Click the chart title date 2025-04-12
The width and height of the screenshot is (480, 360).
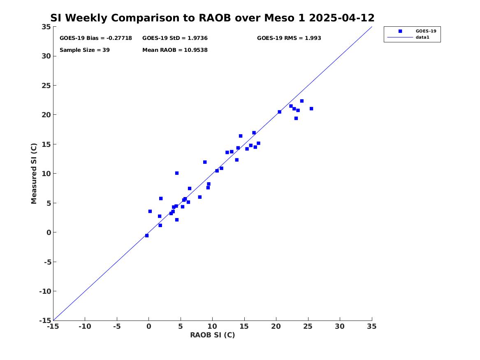coord(342,18)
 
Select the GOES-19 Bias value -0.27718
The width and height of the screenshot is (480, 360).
coord(119,38)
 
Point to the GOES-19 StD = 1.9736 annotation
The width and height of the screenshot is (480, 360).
coord(175,38)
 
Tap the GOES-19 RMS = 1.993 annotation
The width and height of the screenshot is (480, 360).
coord(289,38)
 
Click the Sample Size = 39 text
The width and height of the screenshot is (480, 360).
coord(84,50)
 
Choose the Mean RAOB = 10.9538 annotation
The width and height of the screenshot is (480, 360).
coord(175,50)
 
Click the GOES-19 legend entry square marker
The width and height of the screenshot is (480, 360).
coord(400,31)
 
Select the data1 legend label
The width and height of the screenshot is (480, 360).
coord(422,37)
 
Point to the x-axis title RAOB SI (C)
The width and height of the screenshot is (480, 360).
coord(213,335)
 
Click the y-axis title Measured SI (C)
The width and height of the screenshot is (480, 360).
coord(34,174)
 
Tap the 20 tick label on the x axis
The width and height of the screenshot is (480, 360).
coord(276,326)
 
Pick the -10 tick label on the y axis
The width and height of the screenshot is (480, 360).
coord(45,291)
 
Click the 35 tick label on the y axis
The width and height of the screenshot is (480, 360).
coord(46,27)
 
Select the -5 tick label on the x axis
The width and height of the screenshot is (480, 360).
coord(117,326)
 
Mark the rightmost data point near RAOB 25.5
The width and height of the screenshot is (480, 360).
coord(311,109)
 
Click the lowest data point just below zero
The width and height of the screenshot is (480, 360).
coord(147,236)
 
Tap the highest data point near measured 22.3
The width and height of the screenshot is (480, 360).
coord(302,101)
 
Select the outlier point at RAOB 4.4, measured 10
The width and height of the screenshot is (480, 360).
coord(177,173)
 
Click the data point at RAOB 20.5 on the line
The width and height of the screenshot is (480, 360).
coord(280,112)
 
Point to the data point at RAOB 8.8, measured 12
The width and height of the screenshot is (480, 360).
coord(205,162)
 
